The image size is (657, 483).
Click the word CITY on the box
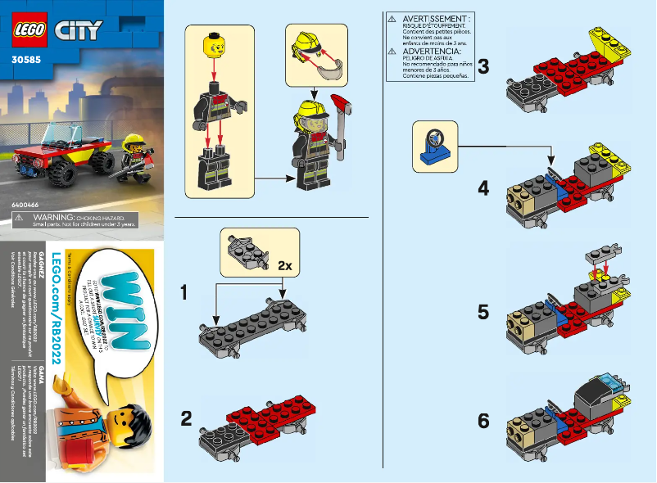[x=78, y=31]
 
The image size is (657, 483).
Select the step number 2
[x=186, y=419]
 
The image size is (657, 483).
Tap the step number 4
[x=483, y=188]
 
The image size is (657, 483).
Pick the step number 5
[x=483, y=312]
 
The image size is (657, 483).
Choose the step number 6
[x=483, y=421]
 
